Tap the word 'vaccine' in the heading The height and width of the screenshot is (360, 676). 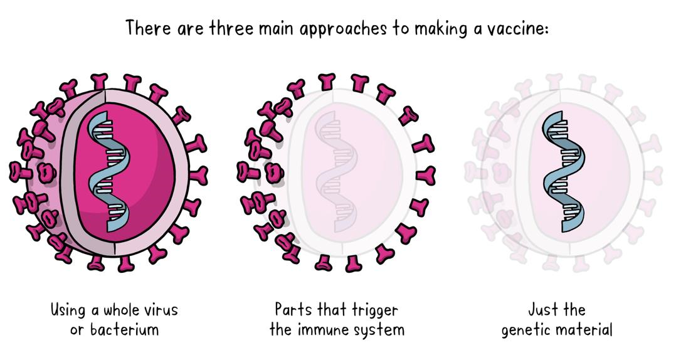point(512,28)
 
